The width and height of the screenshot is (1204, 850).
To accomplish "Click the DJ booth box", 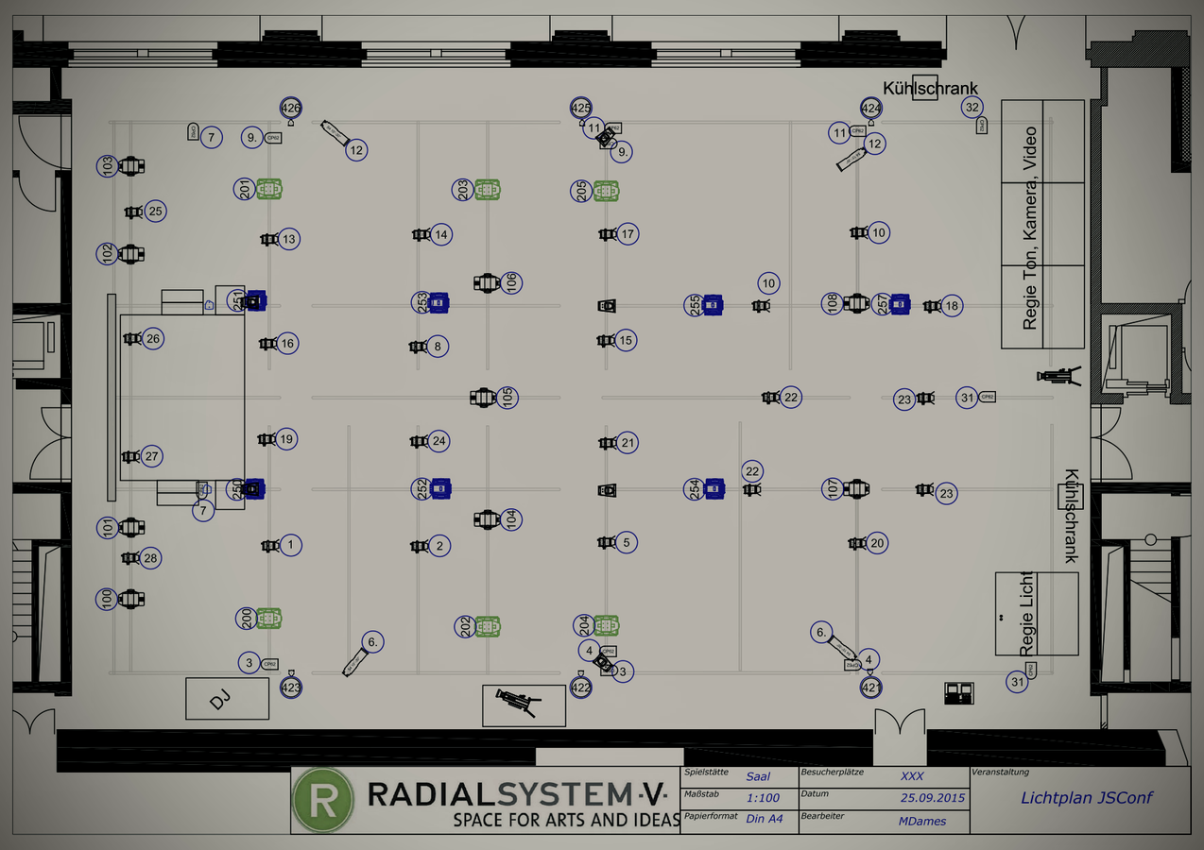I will (227, 698).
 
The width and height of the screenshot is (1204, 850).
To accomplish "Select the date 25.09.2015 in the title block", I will (933, 798).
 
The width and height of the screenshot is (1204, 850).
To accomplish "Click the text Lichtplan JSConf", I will (1086, 797).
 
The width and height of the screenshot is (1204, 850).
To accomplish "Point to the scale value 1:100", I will (763, 798).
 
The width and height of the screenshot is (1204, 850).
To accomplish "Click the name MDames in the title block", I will (921, 821).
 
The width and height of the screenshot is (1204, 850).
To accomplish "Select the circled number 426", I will (291, 109).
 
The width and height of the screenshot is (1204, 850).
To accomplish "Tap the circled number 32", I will (972, 107).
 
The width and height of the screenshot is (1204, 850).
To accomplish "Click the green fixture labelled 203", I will (487, 189).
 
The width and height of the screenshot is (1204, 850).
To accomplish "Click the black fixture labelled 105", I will (484, 398).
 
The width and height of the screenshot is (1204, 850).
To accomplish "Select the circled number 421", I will (870, 688).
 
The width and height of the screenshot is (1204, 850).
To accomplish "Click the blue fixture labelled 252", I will (439, 488).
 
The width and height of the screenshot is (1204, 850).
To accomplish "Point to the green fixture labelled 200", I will (269, 619).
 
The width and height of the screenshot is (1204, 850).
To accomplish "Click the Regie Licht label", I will (1026, 613).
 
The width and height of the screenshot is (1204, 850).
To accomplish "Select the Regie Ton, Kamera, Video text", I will (1030, 228).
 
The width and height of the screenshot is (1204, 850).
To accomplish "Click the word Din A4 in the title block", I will (764, 819).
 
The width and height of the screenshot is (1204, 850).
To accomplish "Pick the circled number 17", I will (628, 233).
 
